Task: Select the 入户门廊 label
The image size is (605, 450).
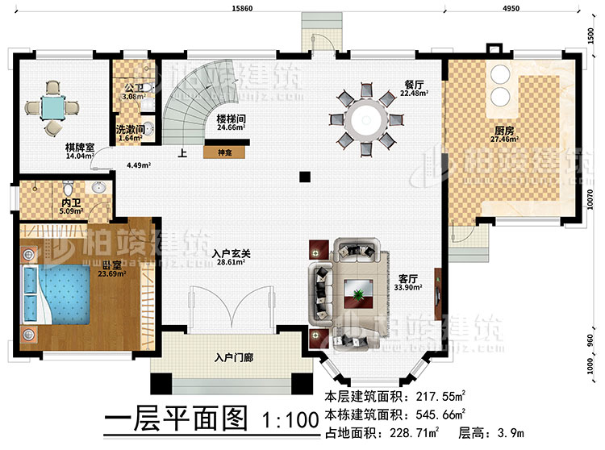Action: (x=233, y=356)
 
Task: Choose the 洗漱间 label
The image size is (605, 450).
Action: (x=129, y=129)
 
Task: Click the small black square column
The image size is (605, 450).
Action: (x=303, y=176)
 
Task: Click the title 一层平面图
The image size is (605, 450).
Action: (x=175, y=422)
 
